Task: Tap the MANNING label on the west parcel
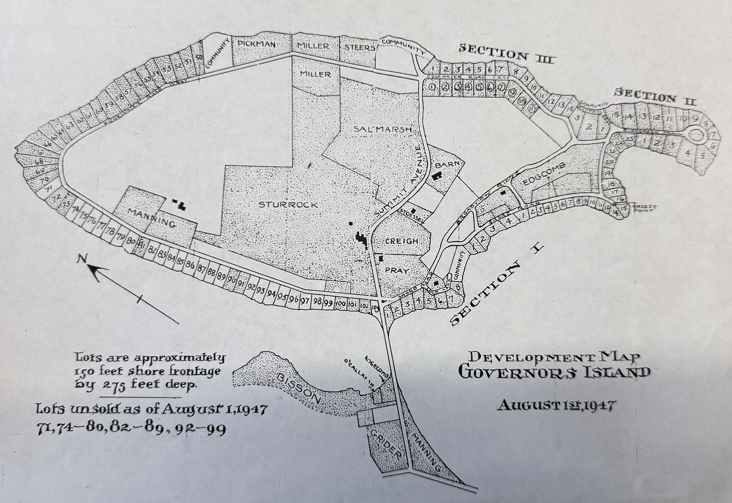(152, 219)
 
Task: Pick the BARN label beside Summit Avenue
(444, 164)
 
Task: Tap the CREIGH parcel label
(401, 241)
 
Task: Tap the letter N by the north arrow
(82, 260)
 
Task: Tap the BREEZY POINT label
(644, 209)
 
